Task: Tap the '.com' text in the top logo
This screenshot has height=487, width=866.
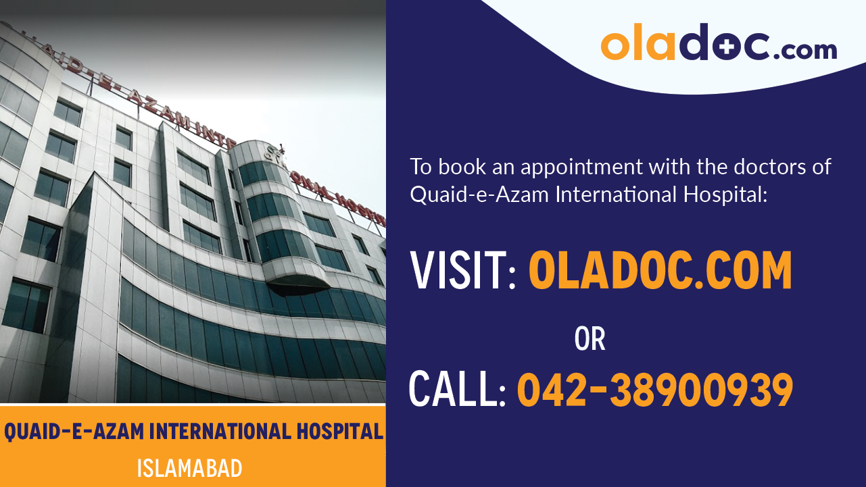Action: click(x=805, y=50)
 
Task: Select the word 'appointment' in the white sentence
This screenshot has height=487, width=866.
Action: click(x=581, y=167)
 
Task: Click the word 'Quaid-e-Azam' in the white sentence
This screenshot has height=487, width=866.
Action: click(x=479, y=195)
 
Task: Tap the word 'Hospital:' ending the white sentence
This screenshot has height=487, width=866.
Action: click(x=725, y=195)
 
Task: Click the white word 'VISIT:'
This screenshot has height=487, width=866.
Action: click(x=463, y=270)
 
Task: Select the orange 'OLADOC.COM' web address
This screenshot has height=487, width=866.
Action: click(x=660, y=270)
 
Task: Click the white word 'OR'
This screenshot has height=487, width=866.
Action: click(x=590, y=338)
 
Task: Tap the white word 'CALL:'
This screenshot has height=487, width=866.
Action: click(x=458, y=388)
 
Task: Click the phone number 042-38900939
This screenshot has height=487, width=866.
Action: click(x=655, y=390)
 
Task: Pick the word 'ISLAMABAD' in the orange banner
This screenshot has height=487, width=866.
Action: click(x=189, y=469)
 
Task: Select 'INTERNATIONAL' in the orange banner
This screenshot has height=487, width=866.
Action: click(x=220, y=432)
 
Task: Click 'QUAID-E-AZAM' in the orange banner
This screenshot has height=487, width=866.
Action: click(x=74, y=432)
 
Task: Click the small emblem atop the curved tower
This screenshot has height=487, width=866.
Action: click(x=275, y=152)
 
